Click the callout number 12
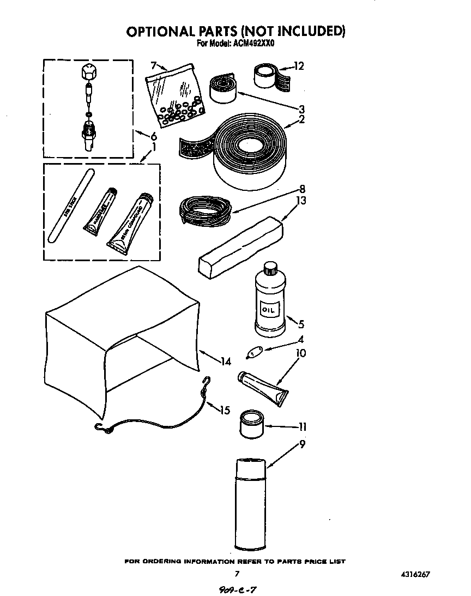coord(298,67)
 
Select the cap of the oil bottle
coord(270,268)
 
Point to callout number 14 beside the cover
coord(226,361)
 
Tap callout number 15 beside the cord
coord(225,410)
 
